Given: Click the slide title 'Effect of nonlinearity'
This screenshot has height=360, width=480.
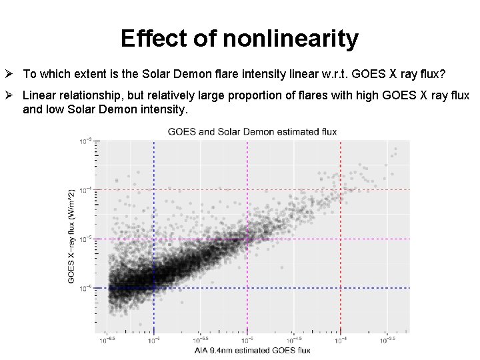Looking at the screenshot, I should coord(239,39).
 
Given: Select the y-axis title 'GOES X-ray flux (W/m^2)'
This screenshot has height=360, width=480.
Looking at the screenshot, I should coord(72,236).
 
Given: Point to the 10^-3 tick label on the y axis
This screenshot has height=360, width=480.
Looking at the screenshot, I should coord(86,141).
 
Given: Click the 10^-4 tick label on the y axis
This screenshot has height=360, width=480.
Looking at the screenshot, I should coord(86,190).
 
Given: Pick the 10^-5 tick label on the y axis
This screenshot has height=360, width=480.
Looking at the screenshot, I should coord(86,239).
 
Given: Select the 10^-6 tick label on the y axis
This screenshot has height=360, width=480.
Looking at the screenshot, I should coord(86,288).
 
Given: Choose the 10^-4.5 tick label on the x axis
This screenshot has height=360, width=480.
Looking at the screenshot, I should coord(293,339).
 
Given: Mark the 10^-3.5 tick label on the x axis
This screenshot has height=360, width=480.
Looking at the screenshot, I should coord(387,339).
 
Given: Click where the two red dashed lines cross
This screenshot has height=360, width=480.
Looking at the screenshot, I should coord(341,190).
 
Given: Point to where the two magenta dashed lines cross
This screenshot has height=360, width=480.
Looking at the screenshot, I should coord(247,239).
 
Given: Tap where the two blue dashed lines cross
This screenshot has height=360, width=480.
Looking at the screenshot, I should coord(155,288).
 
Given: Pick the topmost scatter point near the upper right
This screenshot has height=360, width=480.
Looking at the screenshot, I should coord(397,149).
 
